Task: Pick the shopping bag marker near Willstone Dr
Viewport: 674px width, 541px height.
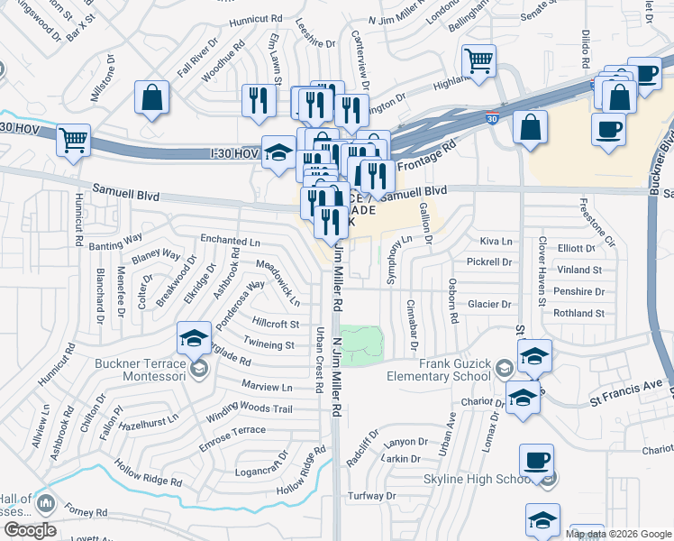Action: pyautogui.click(x=152, y=97)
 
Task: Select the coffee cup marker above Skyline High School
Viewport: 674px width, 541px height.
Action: pyautogui.click(x=537, y=461)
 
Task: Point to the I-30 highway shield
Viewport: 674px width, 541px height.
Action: pyautogui.click(x=490, y=118)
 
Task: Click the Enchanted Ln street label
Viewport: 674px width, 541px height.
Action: pyautogui.click(x=230, y=241)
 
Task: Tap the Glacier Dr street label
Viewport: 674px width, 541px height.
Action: pyautogui.click(x=489, y=305)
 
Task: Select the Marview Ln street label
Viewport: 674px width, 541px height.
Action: pyautogui.click(x=268, y=387)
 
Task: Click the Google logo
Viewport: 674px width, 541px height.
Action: pyautogui.click(x=29, y=530)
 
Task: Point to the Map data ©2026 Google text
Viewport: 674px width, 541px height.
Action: pyautogui.click(x=619, y=534)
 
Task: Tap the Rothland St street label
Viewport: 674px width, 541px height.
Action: pyautogui.click(x=578, y=314)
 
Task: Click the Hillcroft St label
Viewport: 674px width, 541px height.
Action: pyautogui.click(x=276, y=324)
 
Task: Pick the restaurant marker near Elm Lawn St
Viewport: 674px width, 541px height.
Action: pyautogui.click(x=260, y=101)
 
